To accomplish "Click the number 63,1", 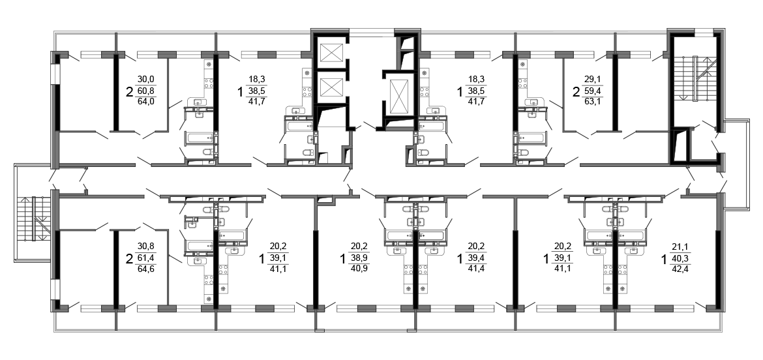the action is point(593,101).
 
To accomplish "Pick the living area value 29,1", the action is point(593,80).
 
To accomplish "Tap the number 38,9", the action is point(359,257).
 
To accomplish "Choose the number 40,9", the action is point(359,268).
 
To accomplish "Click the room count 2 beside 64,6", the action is point(129,258).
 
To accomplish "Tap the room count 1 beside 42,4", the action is point(664,258).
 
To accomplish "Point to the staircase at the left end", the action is point(33,218).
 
